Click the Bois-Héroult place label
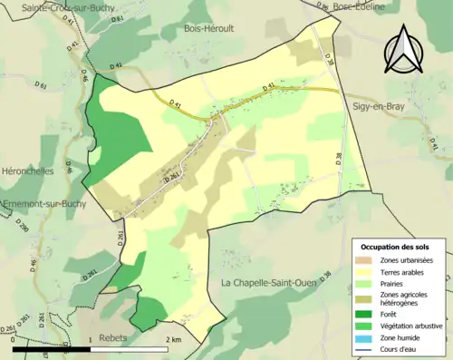coord(209,28)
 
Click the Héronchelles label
coord(27,170)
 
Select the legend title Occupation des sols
coord(395,247)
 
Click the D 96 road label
coord(323,7)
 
